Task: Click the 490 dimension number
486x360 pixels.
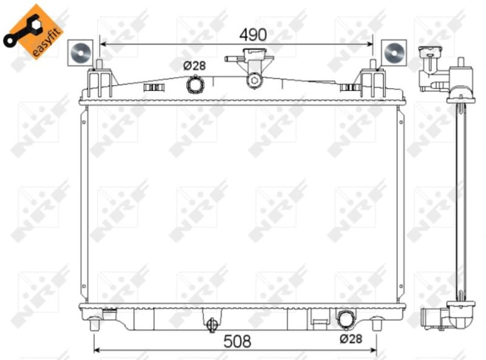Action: click(253, 35)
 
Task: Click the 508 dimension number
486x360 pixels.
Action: click(238, 341)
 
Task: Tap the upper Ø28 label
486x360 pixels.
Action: click(194, 66)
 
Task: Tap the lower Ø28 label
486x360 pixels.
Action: click(351, 339)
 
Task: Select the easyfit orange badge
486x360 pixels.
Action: click(33, 32)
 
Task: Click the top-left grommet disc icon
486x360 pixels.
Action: click(80, 53)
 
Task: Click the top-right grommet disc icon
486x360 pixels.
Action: click(394, 53)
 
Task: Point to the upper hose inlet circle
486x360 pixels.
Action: click(194, 84)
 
